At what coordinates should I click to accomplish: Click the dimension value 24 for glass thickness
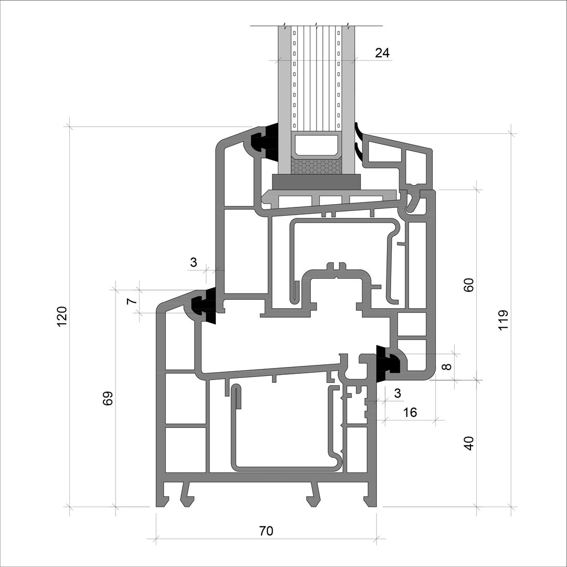pos(382,53)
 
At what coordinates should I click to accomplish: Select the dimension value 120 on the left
pos(62,316)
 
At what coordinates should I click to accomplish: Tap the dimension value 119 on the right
pos(503,320)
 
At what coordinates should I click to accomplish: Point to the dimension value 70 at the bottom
pos(266,531)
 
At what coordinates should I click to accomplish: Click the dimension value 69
pos(108,398)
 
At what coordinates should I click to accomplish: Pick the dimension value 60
pos(468,285)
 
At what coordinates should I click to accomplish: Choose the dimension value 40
pos(468,443)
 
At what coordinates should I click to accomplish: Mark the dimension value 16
pos(409,412)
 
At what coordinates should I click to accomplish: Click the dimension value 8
pos(447,366)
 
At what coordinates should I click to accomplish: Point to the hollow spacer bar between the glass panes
pos(317,146)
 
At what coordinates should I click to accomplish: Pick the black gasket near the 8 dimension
pos(387,363)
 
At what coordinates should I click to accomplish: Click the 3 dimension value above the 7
pos(193,262)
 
